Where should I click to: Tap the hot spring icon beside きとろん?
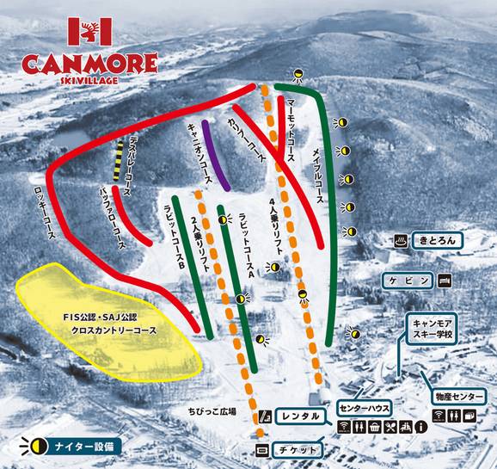(400, 240)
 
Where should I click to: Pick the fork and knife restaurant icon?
(390, 427)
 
